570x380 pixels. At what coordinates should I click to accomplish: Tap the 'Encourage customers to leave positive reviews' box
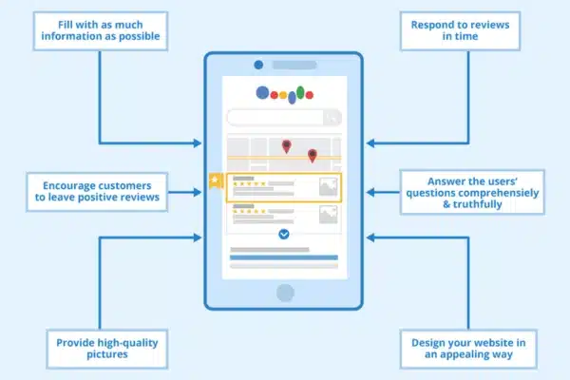pyautogui.click(x=100, y=190)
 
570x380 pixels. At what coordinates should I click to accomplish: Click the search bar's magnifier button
pyautogui.click(x=332, y=118)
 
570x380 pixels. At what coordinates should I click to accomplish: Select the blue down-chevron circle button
pyautogui.click(x=283, y=234)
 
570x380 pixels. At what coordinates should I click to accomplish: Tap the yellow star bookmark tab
pyautogui.click(x=216, y=180)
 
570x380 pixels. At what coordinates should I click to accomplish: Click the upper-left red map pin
pyautogui.click(x=286, y=145)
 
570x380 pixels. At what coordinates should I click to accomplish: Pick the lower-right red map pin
pyautogui.click(x=312, y=154)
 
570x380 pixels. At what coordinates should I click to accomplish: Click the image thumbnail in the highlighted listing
pyautogui.click(x=327, y=187)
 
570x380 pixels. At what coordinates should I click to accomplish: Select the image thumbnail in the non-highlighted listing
pyautogui.click(x=327, y=216)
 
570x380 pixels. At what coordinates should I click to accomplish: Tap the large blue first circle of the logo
pyautogui.click(x=262, y=93)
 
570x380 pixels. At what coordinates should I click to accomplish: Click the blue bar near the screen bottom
pyautogui.click(x=283, y=257)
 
